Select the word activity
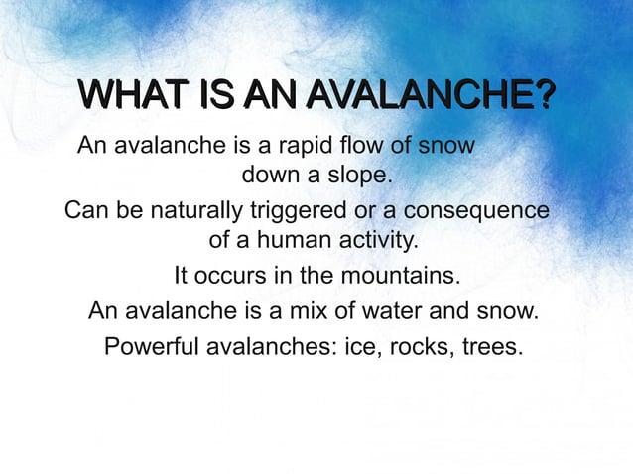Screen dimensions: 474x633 click(371, 242)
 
